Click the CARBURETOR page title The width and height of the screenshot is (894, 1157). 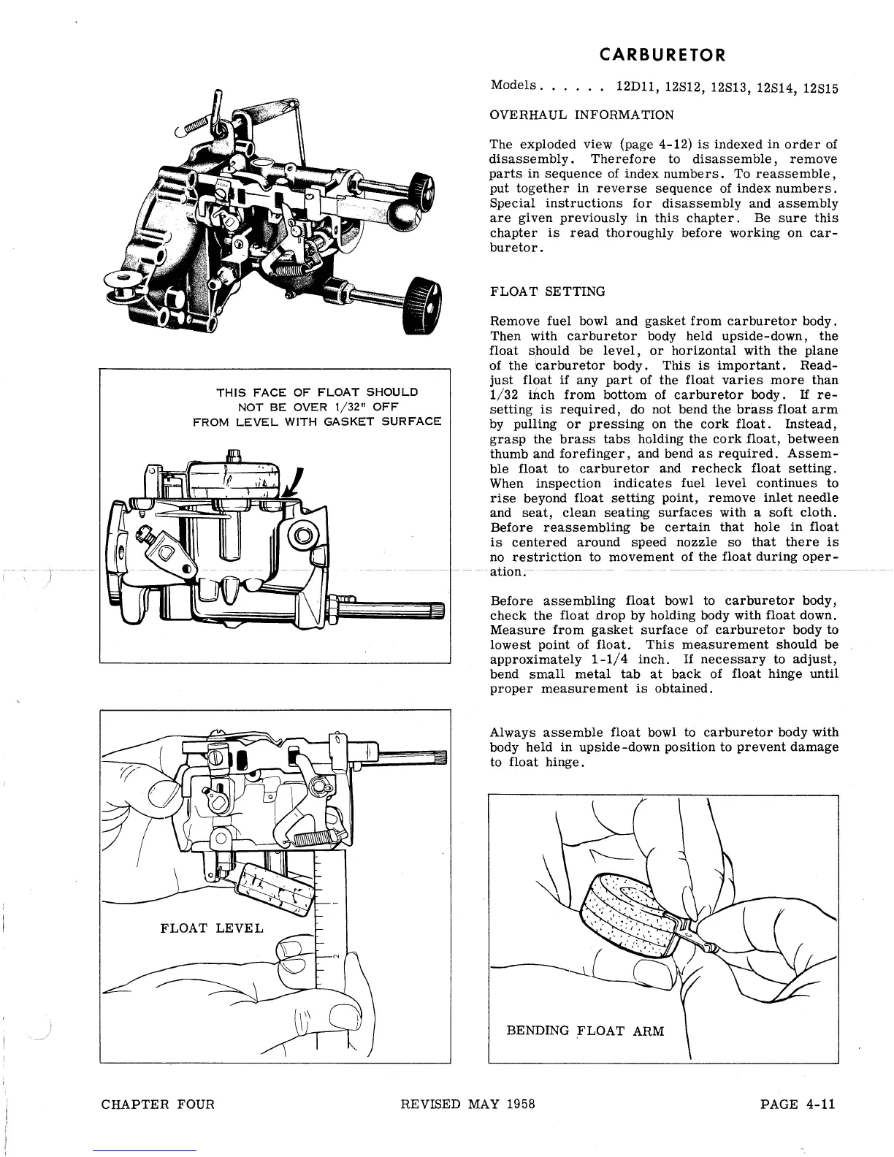pyautogui.click(x=662, y=55)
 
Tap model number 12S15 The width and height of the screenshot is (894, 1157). pyautogui.click(x=820, y=88)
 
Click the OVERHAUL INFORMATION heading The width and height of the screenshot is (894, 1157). pyautogui.click(x=581, y=115)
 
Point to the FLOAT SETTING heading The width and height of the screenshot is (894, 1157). pyautogui.click(x=548, y=291)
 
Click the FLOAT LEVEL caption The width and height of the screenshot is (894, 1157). pyautogui.click(x=211, y=928)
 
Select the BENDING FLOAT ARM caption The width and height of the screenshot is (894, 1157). pyautogui.click(x=585, y=1031)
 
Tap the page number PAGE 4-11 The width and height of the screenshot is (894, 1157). pyautogui.click(x=797, y=1104)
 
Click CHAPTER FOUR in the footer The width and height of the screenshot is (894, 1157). pyautogui.click(x=158, y=1104)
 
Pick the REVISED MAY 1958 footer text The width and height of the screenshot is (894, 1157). pyautogui.click(x=468, y=1104)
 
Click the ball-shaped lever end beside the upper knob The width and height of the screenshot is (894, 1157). pyautogui.click(x=400, y=214)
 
